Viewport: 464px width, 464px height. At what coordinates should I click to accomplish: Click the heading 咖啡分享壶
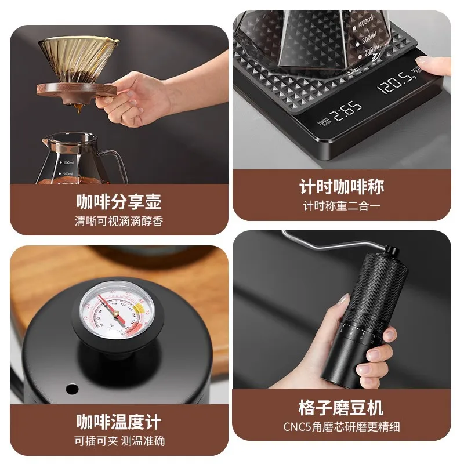tap(119, 202)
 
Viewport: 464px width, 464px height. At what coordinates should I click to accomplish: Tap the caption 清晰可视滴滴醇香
tap(119, 221)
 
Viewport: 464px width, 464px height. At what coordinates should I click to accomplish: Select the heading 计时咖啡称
tap(342, 187)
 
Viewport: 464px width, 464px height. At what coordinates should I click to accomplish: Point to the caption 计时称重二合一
tap(342, 205)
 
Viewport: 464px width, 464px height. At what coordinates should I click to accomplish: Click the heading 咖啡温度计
tap(119, 422)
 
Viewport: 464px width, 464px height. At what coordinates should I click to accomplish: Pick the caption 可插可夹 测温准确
tap(119, 440)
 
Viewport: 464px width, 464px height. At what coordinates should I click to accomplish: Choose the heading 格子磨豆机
tap(342, 408)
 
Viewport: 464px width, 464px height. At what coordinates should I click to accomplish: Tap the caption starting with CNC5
tap(342, 427)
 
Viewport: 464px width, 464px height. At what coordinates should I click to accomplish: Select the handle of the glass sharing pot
tap(117, 162)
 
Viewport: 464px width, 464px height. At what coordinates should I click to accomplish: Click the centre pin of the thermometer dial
tap(115, 314)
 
